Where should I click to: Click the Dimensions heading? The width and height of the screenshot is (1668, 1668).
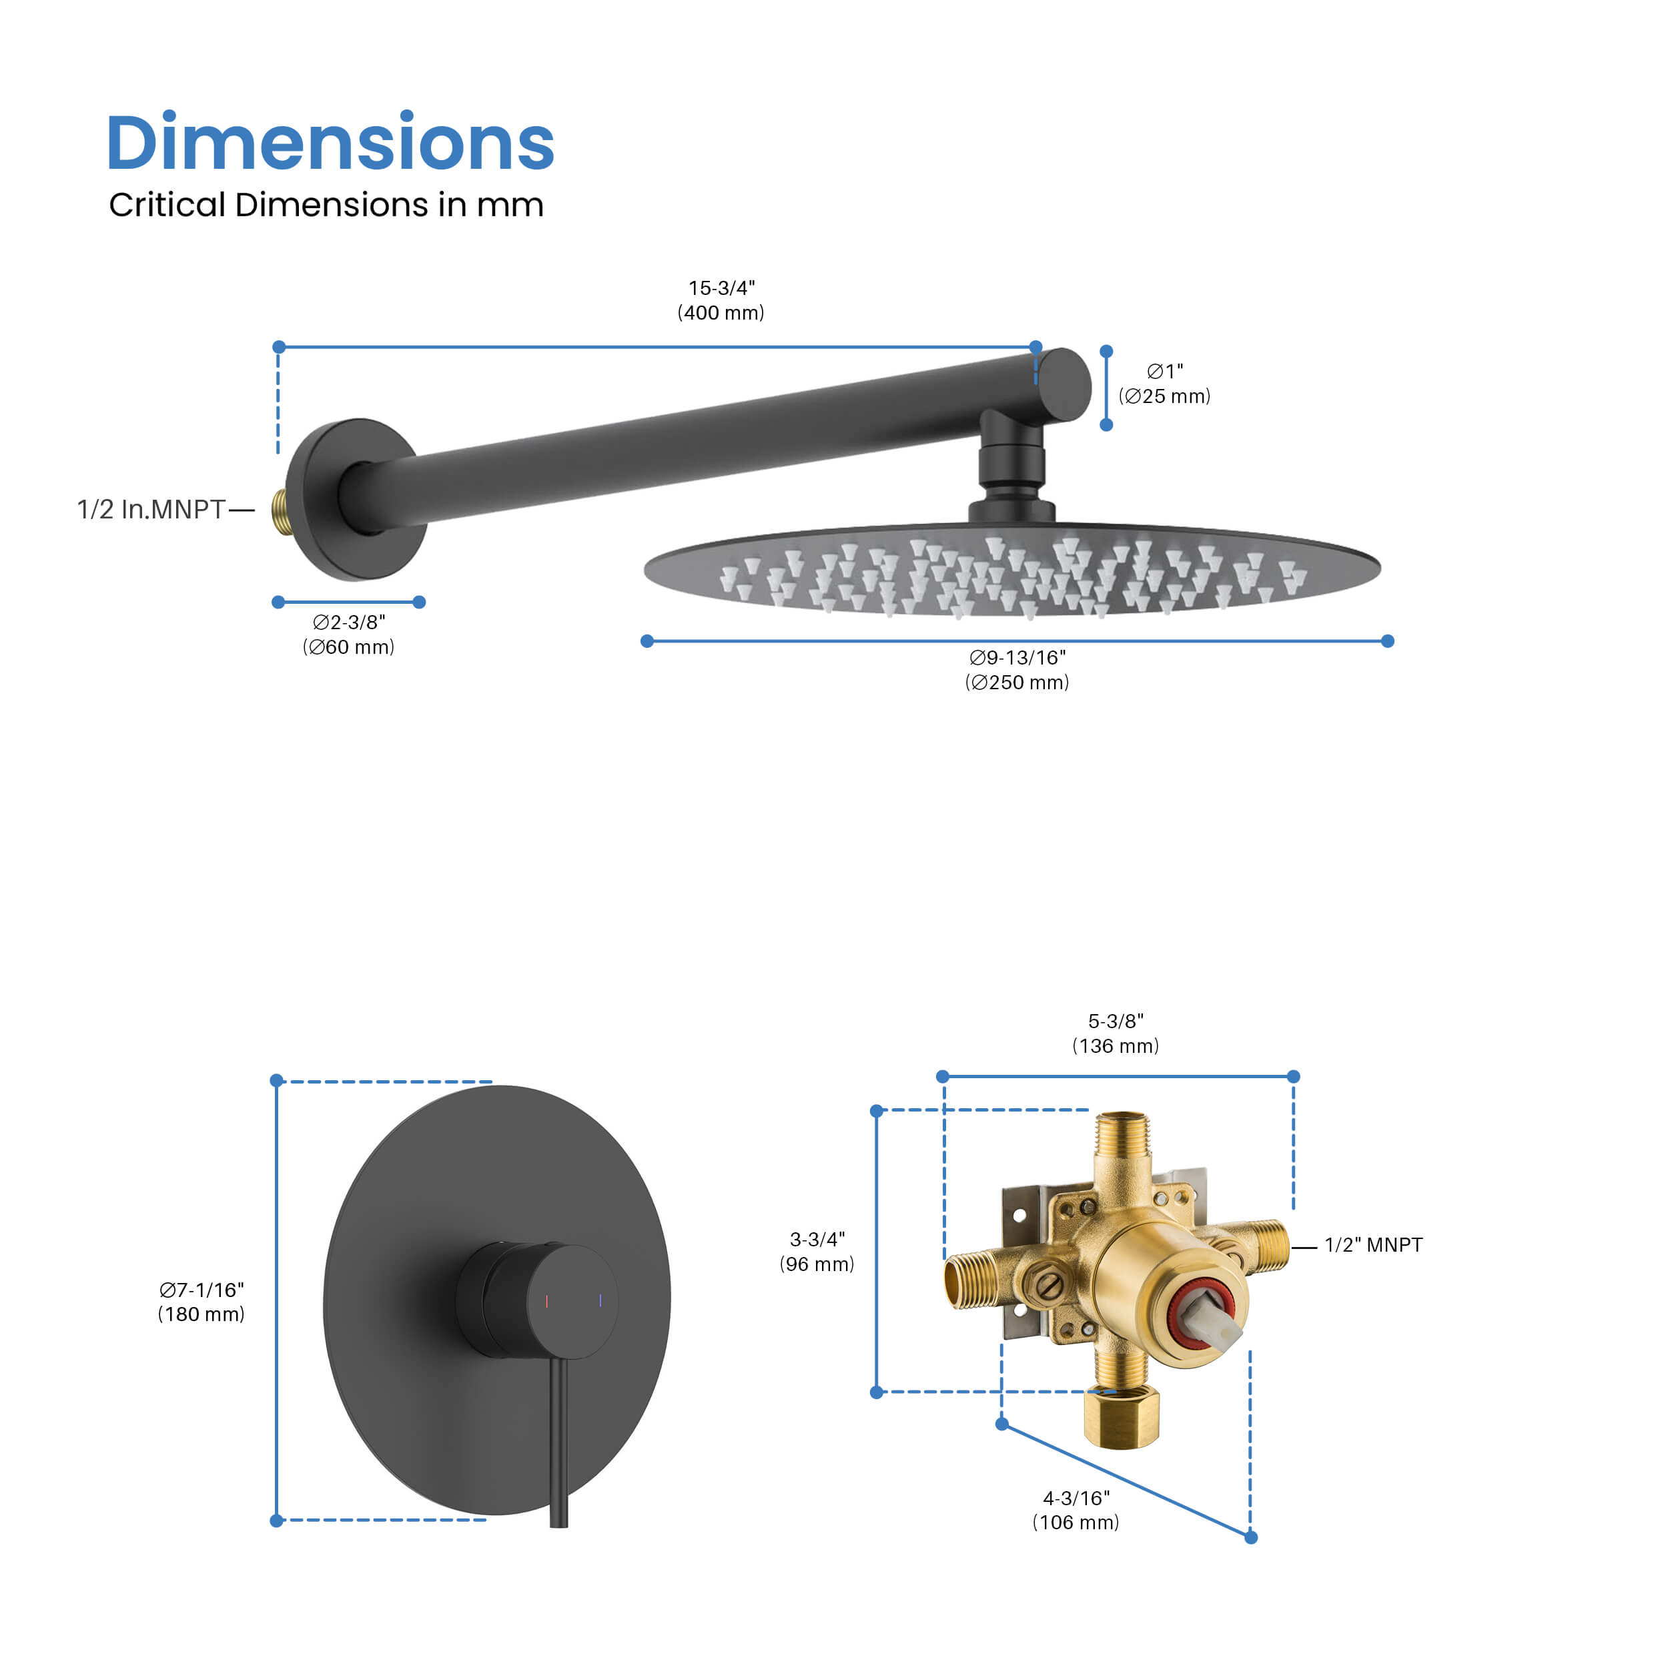(x=330, y=143)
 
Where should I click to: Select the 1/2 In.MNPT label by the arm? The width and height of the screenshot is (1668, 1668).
(x=151, y=509)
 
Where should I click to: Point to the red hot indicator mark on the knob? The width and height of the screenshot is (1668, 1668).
(x=546, y=1301)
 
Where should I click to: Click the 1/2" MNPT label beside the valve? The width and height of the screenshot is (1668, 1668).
(x=1372, y=1245)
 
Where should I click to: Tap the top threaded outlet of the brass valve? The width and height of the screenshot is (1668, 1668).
(x=1122, y=1136)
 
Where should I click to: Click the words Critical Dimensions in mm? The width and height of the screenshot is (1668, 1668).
(x=326, y=205)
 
